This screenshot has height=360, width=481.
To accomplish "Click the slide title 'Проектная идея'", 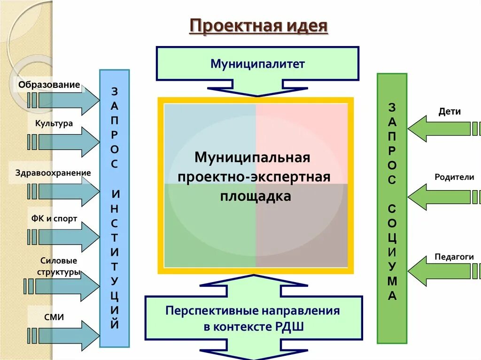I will click(x=258, y=26).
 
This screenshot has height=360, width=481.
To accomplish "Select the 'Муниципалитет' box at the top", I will click(x=257, y=63).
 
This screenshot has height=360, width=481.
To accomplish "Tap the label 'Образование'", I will click(x=49, y=85).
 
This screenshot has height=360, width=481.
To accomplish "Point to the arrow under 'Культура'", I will click(x=63, y=142).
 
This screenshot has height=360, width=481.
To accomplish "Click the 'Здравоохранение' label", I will click(x=53, y=173).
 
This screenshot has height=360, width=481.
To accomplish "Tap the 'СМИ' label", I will click(x=54, y=318).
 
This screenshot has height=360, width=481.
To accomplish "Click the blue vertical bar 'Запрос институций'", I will click(x=115, y=208).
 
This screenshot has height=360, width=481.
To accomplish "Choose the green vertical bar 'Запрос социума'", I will click(x=392, y=208).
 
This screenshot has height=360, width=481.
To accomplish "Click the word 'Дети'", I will click(x=450, y=112).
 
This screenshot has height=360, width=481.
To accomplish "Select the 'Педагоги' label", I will click(x=454, y=257).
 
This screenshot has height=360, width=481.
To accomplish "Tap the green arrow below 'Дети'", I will click(x=442, y=129).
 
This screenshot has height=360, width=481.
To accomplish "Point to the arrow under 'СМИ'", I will click(x=63, y=334).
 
